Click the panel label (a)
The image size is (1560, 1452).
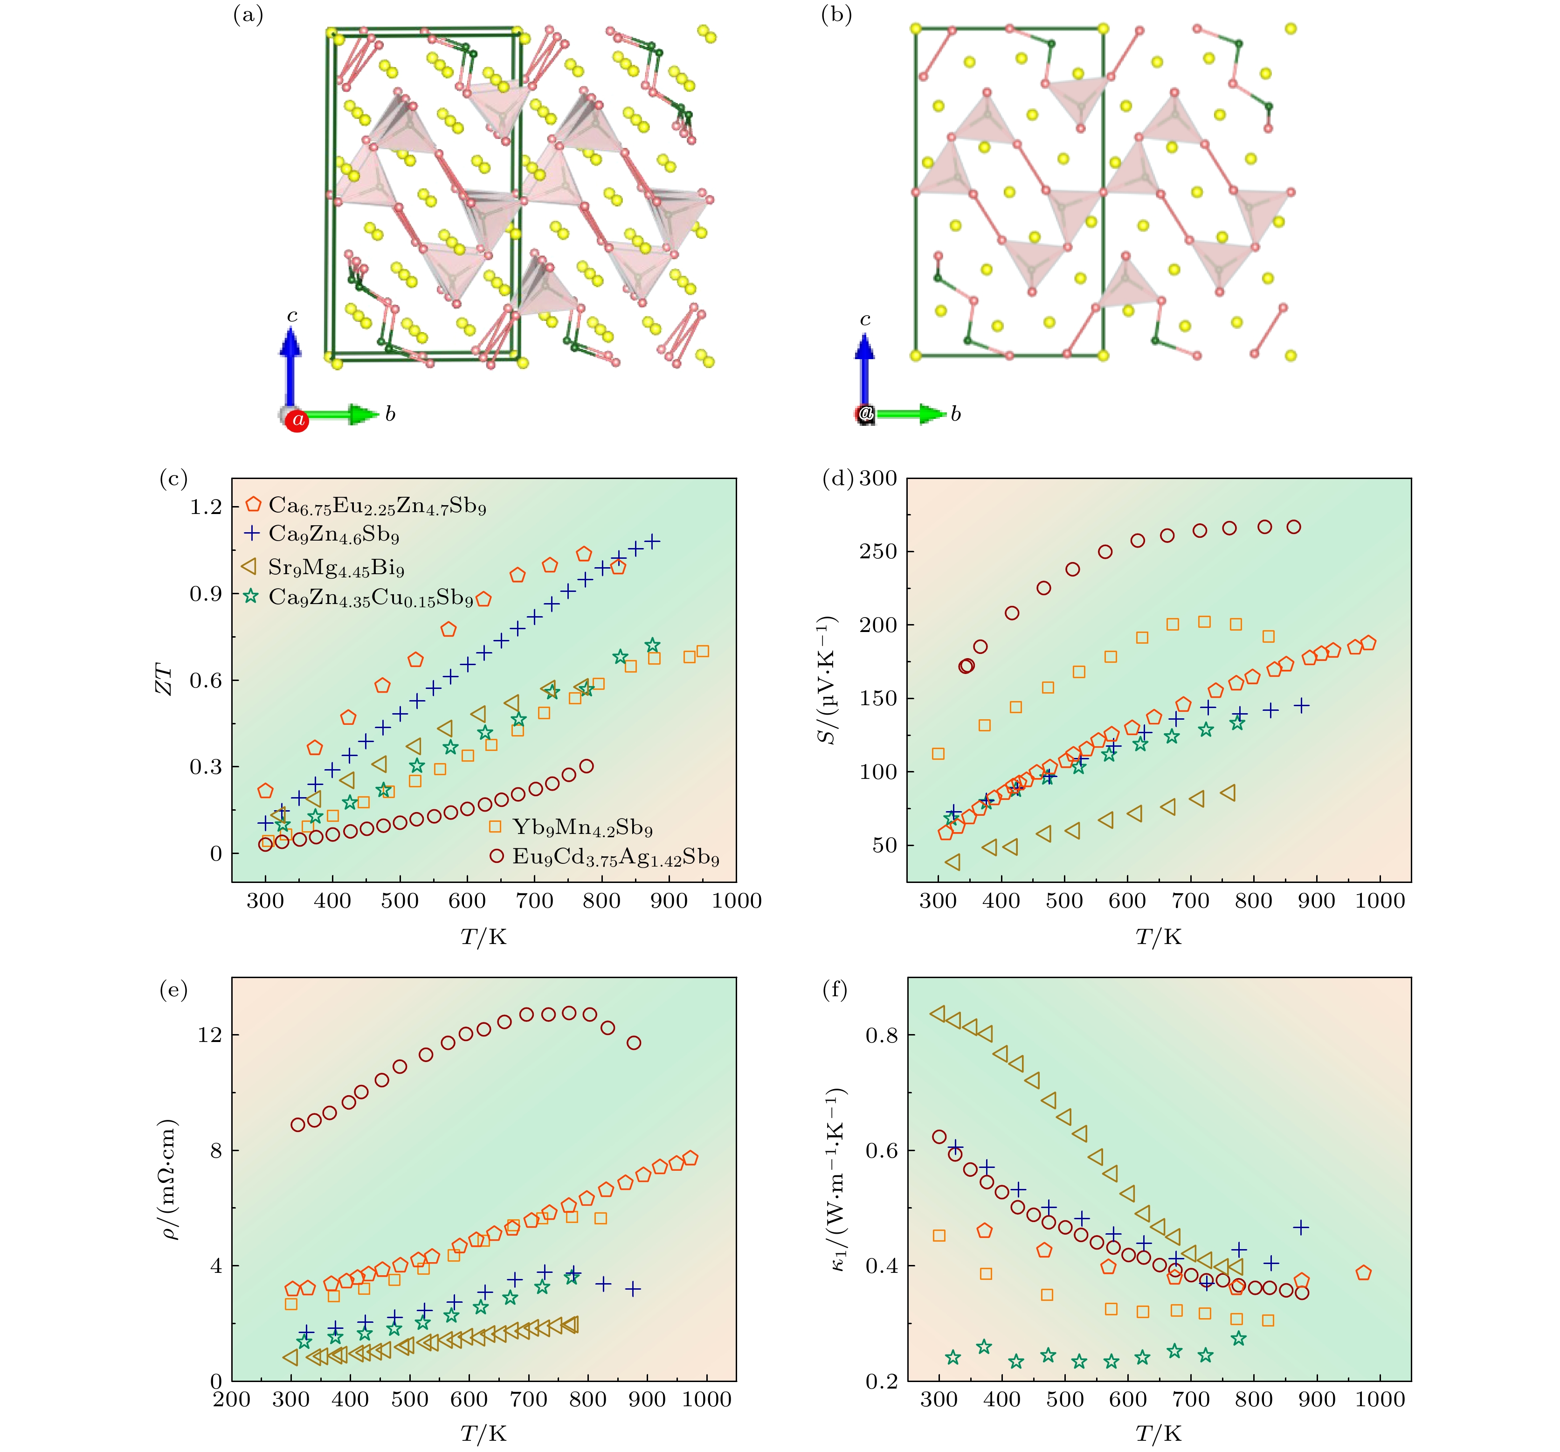[248, 15]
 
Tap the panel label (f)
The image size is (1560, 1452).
[834, 991]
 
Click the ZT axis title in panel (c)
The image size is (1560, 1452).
[163, 679]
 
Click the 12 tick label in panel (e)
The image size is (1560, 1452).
[210, 1035]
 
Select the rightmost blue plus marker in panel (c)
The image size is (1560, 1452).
[652, 542]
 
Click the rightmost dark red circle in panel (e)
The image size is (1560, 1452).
[634, 1043]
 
